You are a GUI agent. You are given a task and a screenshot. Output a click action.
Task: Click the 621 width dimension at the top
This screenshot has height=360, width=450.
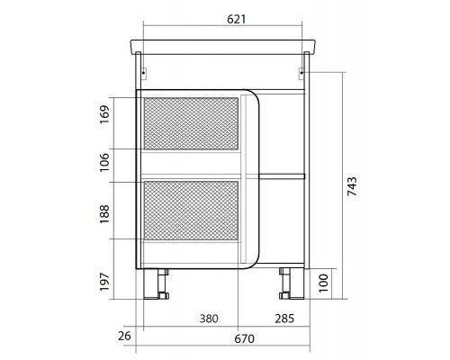pyautogui.click(x=236, y=19)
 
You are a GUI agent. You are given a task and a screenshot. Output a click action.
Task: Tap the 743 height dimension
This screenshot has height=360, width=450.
pyautogui.click(x=352, y=186)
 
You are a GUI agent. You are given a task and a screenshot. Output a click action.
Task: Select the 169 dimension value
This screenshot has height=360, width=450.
pyautogui.click(x=104, y=114)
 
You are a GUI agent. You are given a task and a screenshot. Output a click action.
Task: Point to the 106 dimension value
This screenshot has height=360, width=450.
pyautogui.click(x=104, y=162)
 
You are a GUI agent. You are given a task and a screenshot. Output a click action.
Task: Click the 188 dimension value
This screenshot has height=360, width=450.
pyautogui.click(x=104, y=214)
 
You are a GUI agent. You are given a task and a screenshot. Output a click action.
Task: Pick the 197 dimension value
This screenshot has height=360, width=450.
pyautogui.click(x=104, y=282)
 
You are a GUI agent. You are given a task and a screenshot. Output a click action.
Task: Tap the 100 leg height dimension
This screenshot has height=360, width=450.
pyautogui.click(x=323, y=283)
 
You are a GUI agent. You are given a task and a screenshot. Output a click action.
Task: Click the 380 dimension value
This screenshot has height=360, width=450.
pyautogui.click(x=209, y=319)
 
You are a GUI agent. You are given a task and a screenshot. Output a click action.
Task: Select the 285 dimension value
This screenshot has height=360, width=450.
pyautogui.click(x=284, y=319)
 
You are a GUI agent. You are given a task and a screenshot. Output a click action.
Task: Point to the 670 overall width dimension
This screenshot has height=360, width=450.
pyautogui.click(x=244, y=339)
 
